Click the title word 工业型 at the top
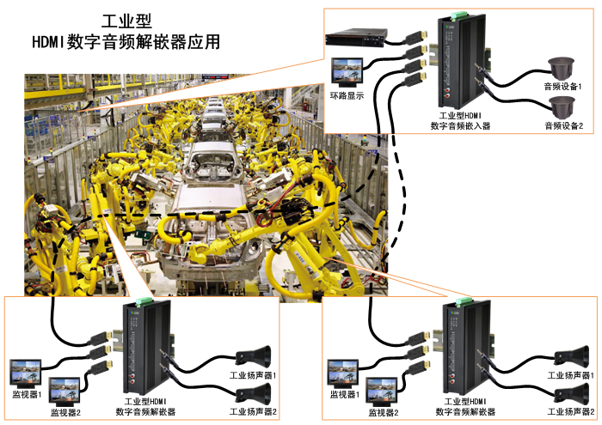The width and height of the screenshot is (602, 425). [x=126, y=20]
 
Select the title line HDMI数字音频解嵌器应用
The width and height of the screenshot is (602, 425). [x=126, y=40]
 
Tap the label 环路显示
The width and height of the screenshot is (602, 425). [x=347, y=95]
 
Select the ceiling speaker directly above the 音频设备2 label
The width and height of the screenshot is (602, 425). [x=562, y=106]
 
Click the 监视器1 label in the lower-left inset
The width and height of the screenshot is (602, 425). [x=26, y=394]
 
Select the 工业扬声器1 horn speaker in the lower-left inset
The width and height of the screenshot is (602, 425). [x=257, y=353]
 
